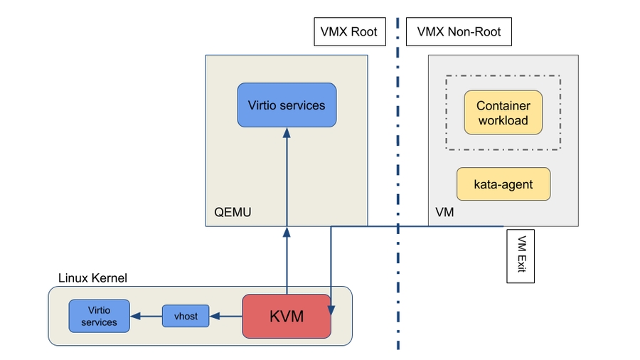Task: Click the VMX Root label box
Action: [x=349, y=32]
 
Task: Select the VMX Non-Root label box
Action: [x=459, y=32]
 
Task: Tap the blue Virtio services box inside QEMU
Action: [x=287, y=105]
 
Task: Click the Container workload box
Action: [x=503, y=113]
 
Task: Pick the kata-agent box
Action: [x=503, y=185]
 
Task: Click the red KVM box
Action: [x=287, y=316]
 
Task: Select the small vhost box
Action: [x=186, y=316]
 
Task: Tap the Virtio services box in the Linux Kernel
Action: [x=100, y=316]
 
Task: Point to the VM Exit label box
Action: [x=521, y=256]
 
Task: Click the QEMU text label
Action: [x=233, y=212]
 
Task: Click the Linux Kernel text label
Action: [x=92, y=278]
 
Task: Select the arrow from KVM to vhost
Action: [x=226, y=316]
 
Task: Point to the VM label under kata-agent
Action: [x=444, y=212]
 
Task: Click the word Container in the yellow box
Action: [x=503, y=106]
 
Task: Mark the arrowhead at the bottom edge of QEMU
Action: [x=287, y=231]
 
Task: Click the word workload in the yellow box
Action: [x=503, y=121]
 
